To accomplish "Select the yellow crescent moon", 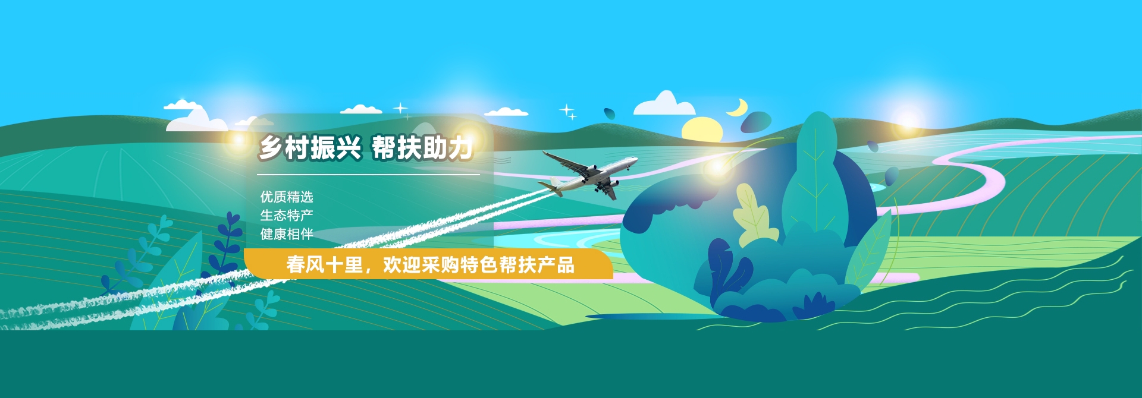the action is click(738, 108).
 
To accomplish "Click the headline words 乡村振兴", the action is click(310, 148).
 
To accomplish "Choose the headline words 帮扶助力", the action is click(423, 148).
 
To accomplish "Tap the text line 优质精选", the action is click(287, 197).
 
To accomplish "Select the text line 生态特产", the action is click(287, 215).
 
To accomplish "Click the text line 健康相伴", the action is click(287, 234).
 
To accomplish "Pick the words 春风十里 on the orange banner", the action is click(324, 264).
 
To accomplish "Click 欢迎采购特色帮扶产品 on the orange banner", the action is click(479, 264).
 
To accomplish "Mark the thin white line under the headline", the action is click(368, 175).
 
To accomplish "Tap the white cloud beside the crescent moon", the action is click(664, 105).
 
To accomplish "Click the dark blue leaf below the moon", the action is click(755, 122).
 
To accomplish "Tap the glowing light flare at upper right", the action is click(908, 117).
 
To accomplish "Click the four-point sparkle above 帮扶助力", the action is click(400, 108).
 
